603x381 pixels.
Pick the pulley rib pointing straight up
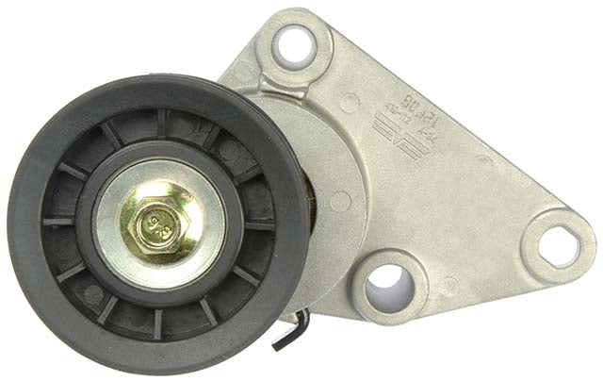coord(162,122)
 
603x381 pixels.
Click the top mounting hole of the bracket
coord(295,43)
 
